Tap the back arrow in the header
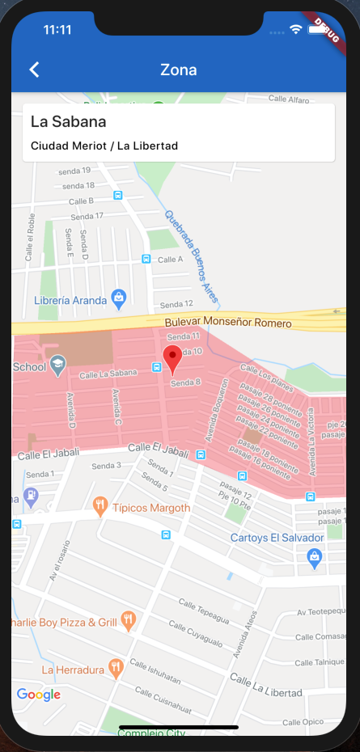(34, 70)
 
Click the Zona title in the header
(179, 70)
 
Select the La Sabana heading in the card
(69, 121)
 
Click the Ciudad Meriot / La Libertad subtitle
(104, 146)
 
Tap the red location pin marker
(172, 357)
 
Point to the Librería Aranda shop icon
(119, 298)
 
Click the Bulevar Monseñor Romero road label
(228, 323)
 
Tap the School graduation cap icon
(57, 365)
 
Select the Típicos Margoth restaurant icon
(100, 506)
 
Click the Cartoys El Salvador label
(277, 538)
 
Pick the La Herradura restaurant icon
(116, 668)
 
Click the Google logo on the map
(39, 694)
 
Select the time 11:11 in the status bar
(57, 29)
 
